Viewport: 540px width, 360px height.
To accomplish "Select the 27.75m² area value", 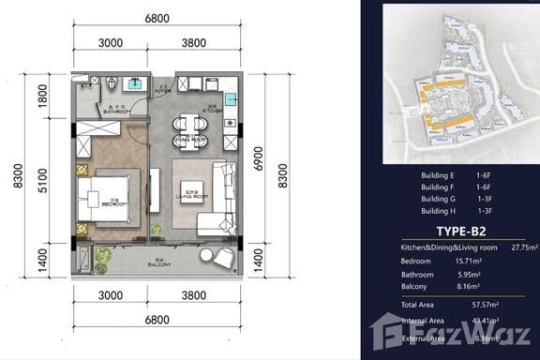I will tap(514, 247).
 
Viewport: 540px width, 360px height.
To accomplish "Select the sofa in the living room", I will tap(222, 199).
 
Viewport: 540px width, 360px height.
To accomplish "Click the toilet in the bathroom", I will tap(112, 83).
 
